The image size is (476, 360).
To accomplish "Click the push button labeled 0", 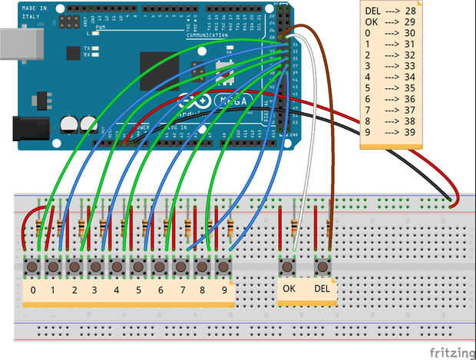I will coord(32,267).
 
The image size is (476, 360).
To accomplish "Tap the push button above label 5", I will coord(138,267).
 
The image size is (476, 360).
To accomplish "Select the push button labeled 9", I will coord(223,267).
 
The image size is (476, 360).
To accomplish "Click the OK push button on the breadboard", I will coord(289,267).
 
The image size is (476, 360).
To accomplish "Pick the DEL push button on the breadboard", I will coord(323,267).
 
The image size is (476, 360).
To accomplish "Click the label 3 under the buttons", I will coord(94,291).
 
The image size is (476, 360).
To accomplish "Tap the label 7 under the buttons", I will coord(182,291).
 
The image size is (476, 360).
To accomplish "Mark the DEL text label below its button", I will coord(323,289).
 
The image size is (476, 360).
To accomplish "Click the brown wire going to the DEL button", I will coord(331,154).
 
